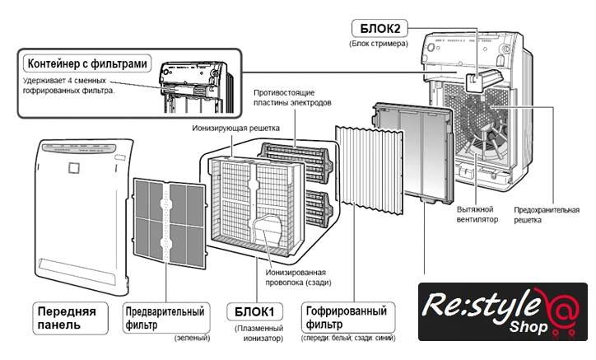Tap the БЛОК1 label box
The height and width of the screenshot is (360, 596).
[255, 312]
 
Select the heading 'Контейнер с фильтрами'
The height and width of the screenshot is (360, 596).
[88, 63]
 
